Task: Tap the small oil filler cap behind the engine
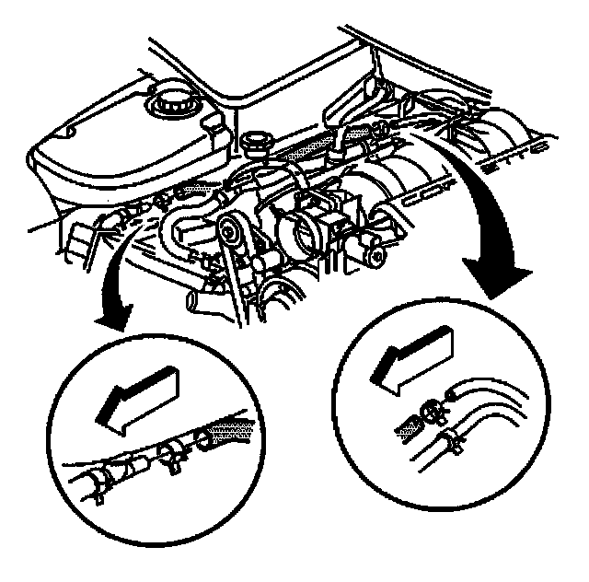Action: (x=254, y=144)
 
